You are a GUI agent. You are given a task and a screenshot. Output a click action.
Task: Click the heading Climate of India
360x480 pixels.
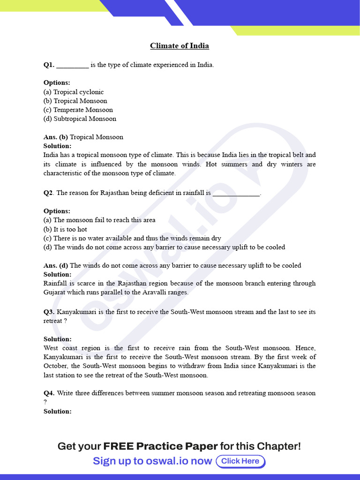(180, 46)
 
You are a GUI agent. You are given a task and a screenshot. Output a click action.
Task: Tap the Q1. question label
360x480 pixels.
(49, 65)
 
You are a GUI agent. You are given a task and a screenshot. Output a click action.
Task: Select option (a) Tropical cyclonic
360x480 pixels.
(74, 92)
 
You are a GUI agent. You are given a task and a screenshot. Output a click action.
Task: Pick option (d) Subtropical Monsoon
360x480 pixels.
(80, 119)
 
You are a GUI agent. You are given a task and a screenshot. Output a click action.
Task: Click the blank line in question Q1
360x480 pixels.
(72, 66)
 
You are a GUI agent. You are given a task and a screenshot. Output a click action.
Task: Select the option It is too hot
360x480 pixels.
(65, 229)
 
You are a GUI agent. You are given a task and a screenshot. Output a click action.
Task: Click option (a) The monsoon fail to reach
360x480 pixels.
(99, 220)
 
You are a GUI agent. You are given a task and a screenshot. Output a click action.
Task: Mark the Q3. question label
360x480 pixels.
(49, 312)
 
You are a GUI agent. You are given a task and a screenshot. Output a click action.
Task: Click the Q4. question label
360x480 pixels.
(49, 393)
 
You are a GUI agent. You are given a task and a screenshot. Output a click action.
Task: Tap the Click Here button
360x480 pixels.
(240, 461)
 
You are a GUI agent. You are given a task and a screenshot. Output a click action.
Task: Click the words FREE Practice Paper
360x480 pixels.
(160, 446)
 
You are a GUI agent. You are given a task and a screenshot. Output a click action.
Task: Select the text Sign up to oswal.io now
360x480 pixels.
(152, 461)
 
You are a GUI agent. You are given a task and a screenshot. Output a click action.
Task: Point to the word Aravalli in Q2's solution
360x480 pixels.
(141, 292)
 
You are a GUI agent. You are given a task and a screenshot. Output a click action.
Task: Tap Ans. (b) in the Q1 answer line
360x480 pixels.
(56, 137)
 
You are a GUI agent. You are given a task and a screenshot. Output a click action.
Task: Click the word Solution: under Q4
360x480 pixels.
(57, 411)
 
